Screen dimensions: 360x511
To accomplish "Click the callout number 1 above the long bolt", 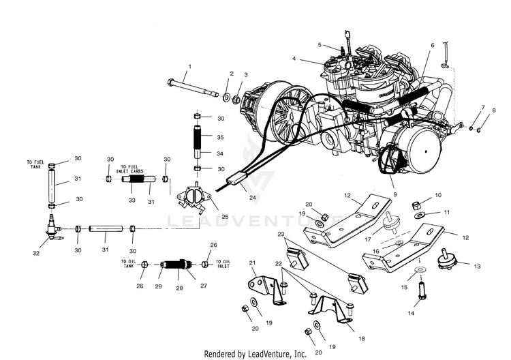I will [x=190, y=65].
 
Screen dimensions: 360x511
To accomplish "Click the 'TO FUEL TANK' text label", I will [x=35, y=164].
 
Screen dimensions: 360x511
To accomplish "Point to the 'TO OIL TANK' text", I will [x=131, y=263].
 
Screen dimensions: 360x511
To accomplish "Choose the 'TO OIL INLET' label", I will [x=227, y=263].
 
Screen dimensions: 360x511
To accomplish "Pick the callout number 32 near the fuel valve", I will [x=35, y=253].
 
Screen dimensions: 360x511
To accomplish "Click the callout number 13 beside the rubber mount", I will [x=477, y=267].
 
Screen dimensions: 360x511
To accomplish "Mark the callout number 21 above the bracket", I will [x=251, y=262].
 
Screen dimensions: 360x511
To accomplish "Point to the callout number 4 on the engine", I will [x=294, y=59].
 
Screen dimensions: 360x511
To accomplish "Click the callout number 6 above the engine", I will [x=432, y=45].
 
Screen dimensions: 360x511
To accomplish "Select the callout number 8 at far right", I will [x=494, y=110].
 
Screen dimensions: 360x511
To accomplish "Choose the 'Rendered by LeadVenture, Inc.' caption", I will [x=255, y=354].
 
